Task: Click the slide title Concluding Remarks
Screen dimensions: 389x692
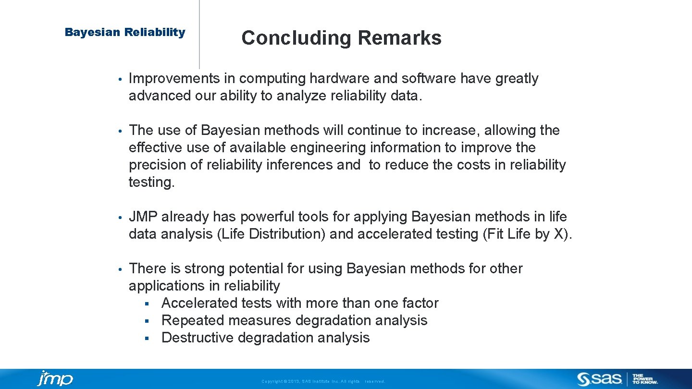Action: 341,38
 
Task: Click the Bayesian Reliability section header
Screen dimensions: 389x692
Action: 125,32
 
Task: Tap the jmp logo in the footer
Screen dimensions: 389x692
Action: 55,378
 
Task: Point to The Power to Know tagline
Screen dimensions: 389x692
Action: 645,379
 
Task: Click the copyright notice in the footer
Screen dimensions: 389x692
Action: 323,381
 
